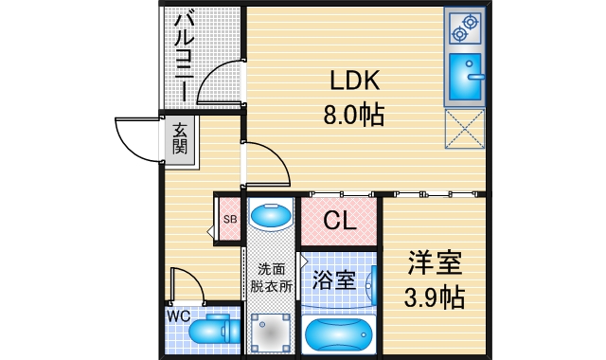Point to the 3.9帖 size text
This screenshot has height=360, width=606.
pyautogui.click(x=436, y=297)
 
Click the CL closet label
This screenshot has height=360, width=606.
pyautogui.click(x=340, y=221)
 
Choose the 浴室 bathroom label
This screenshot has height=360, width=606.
pyautogui.click(x=337, y=279)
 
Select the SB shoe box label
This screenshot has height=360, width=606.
pyautogui.click(x=230, y=219)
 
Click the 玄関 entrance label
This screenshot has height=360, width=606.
pyautogui.click(x=180, y=141)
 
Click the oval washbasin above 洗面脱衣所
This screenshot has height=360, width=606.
pyautogui.click(x=272, y=217)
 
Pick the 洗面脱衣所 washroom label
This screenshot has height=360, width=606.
pyautogui.click(x=272, y=276)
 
